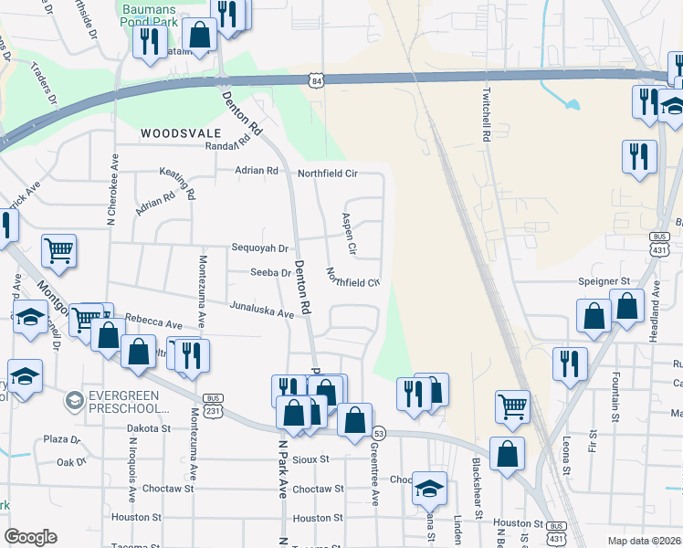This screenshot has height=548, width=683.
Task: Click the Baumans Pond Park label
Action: click(138, 12)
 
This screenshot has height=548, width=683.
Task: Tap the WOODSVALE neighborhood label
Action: click(175, 133)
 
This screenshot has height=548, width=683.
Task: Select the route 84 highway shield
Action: click(316, 80)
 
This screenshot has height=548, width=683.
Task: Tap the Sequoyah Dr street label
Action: click(259, 248)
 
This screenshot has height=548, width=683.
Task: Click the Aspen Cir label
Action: click(348, 234)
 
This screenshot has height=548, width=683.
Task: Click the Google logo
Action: click(30, 537)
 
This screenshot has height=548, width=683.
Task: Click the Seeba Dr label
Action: click(270, 272)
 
